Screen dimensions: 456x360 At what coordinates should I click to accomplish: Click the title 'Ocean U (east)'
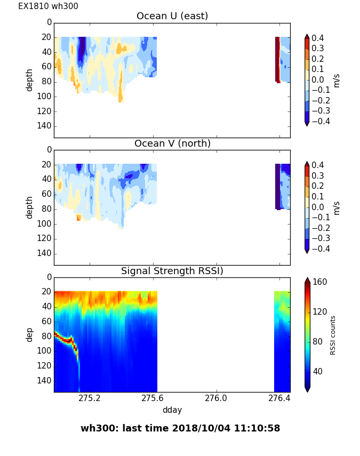pyautogui.click(x=172, y=16)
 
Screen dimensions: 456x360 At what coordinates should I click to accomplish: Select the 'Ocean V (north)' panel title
pyautogui.click(x=172, y=143)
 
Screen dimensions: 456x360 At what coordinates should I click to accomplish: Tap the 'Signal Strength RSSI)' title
pyautogui.click(x=172, y=271)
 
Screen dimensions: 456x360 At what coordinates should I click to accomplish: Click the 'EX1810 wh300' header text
pyautogui.click(x=48, y=6)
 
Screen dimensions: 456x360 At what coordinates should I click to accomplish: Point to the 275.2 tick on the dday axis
pyautogui.click(x=90, y=398)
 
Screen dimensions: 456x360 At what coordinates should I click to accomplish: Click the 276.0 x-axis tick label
pyautogui.click(x=216, y=398)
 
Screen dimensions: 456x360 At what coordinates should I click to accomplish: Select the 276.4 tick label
pyautogui.click(x=279, y=398)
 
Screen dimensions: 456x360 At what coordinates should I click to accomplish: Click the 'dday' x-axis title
pyautogui.click(x=172, y=410)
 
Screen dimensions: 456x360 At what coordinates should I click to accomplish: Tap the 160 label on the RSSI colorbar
pyautogui.click(x=320, y=282)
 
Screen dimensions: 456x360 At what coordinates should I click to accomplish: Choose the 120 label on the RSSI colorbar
pyautogui.click(x=320, y=311)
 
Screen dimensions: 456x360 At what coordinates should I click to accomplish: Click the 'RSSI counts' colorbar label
pyautogui.click(x=333, y=335)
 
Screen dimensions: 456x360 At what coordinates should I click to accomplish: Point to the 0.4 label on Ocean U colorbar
pyautogui.click(x=317, y=38)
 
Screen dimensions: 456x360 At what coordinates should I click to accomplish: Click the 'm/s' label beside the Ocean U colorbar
pyautogui.click(x=337, y=80)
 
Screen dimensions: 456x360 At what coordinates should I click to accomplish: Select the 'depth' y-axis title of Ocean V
pyautogui.click(x=30, y=207)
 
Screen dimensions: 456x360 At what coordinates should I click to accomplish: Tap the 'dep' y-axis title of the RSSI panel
pyautogui.click(x=30, y=334)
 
